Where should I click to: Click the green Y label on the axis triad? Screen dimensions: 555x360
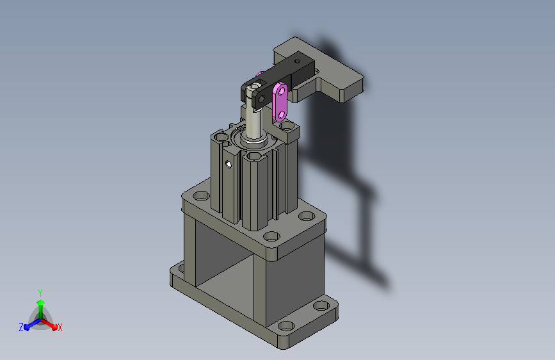click(x=40, y=293)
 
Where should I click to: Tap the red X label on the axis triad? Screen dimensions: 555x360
click(x=60, y=327)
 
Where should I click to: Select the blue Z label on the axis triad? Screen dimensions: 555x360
click(x=21, y=327)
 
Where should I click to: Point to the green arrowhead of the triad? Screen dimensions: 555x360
click(x=41, y=302)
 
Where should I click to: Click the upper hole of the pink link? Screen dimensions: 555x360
click(x=282, y=92)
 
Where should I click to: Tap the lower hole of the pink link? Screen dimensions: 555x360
click(x=282, y=115)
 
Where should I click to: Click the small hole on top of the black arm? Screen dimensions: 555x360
click(x=297, y=61)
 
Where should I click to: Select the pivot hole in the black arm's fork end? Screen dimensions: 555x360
click(x=262, y=99)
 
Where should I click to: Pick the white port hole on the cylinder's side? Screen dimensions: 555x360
click(x=229, y=164)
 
